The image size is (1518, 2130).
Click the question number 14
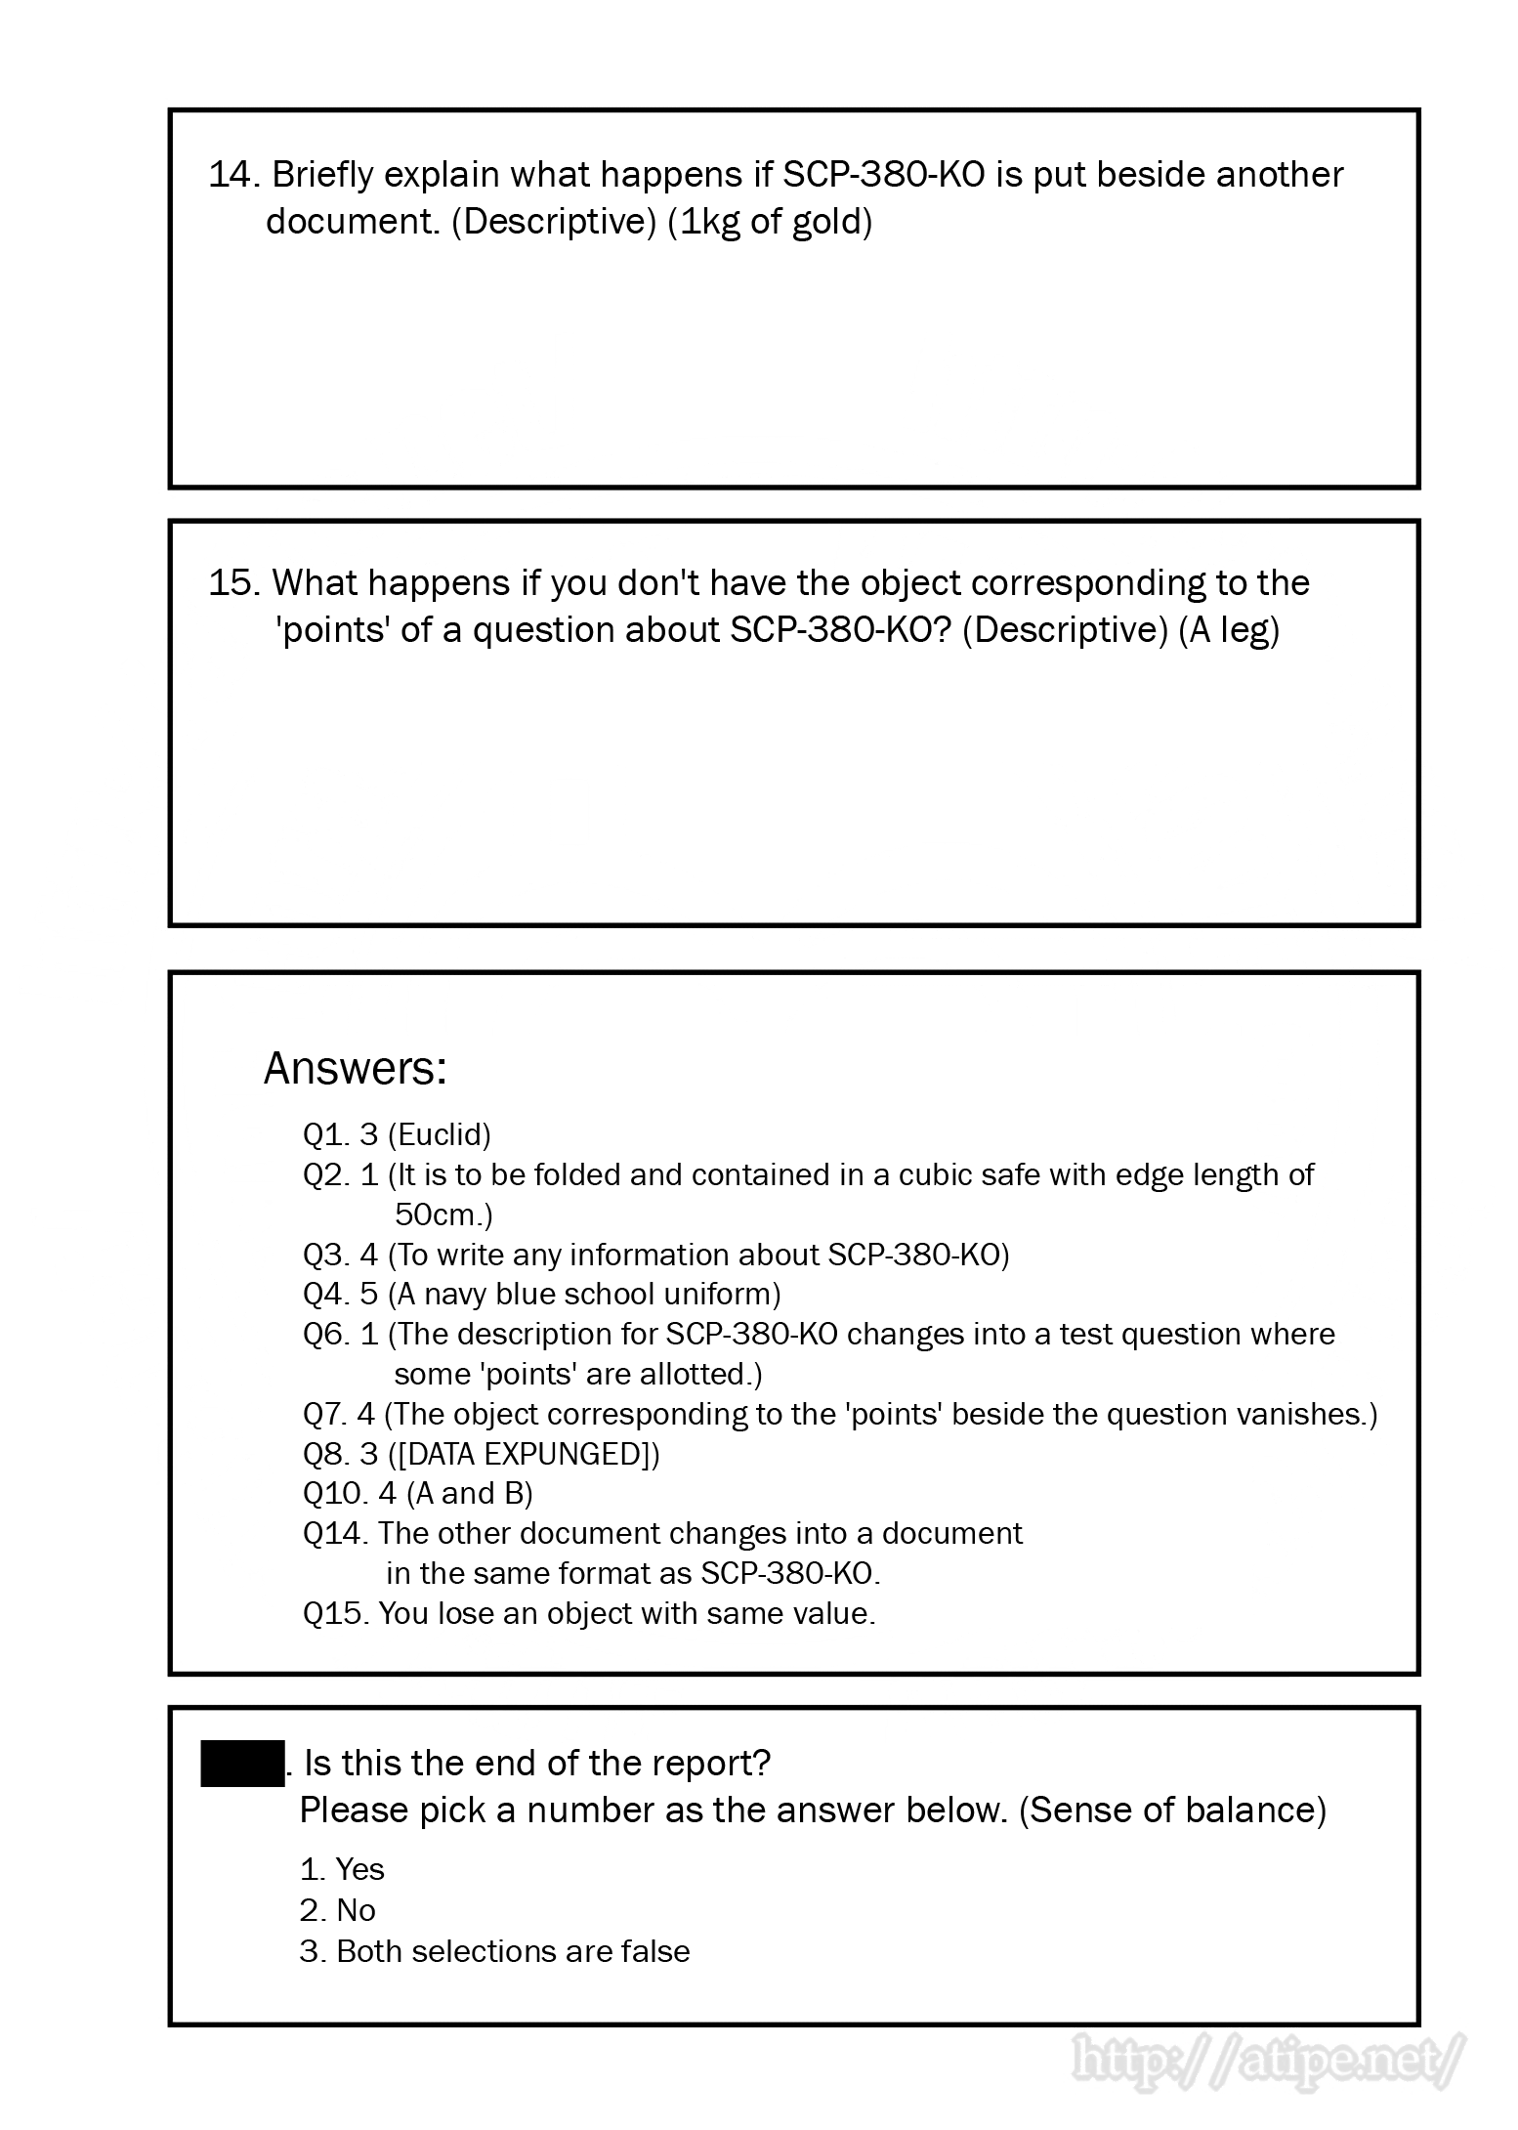click(x=232, y=175)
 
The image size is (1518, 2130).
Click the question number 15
click(x=232, y=583)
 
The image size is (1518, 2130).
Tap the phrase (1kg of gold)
click(x=770, y=222)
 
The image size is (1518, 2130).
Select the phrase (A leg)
click(x=1229, y=630)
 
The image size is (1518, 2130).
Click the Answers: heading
click(x=356, y=1069)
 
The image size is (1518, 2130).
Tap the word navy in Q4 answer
click(x=456, y=1295)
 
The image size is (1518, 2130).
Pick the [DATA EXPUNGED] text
click(x=524, y=1454)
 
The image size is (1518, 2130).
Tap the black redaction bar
click(x=242, y=1764)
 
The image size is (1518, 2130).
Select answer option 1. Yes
click(x=343, y=1869)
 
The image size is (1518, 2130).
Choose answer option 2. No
click(x=338, y=1910)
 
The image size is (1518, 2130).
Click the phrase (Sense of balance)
click(x=1172, y=1810)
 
